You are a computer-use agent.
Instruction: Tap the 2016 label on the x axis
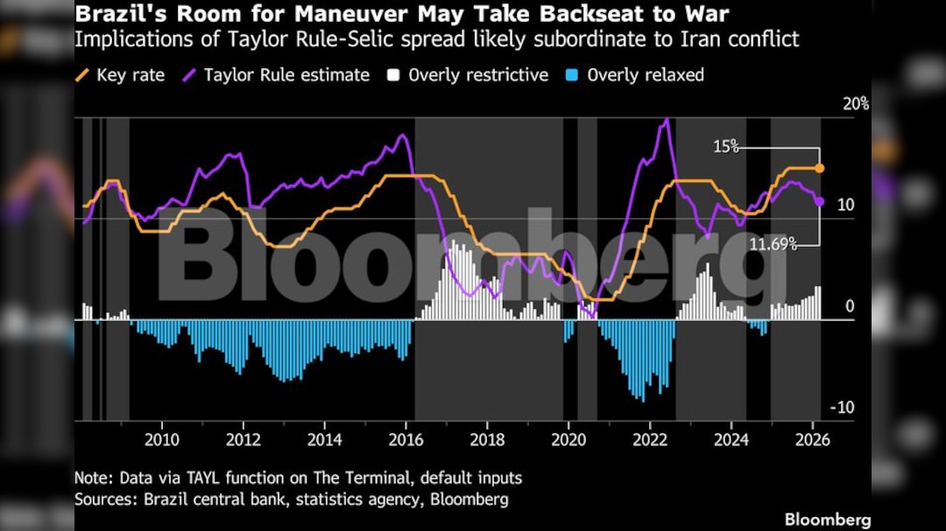point(406,439)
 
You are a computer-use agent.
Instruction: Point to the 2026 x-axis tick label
point(812,439)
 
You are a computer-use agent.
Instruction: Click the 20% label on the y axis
point(855,104)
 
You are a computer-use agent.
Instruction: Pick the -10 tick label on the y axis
point(843,409)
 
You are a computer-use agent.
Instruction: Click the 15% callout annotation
point(726,147)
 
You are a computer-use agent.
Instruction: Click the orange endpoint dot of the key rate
point(820,168)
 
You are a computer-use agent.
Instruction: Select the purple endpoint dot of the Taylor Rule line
point(820,201)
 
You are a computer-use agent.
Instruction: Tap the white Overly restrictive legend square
point(394,75)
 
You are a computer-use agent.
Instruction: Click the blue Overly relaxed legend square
point(572,75)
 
